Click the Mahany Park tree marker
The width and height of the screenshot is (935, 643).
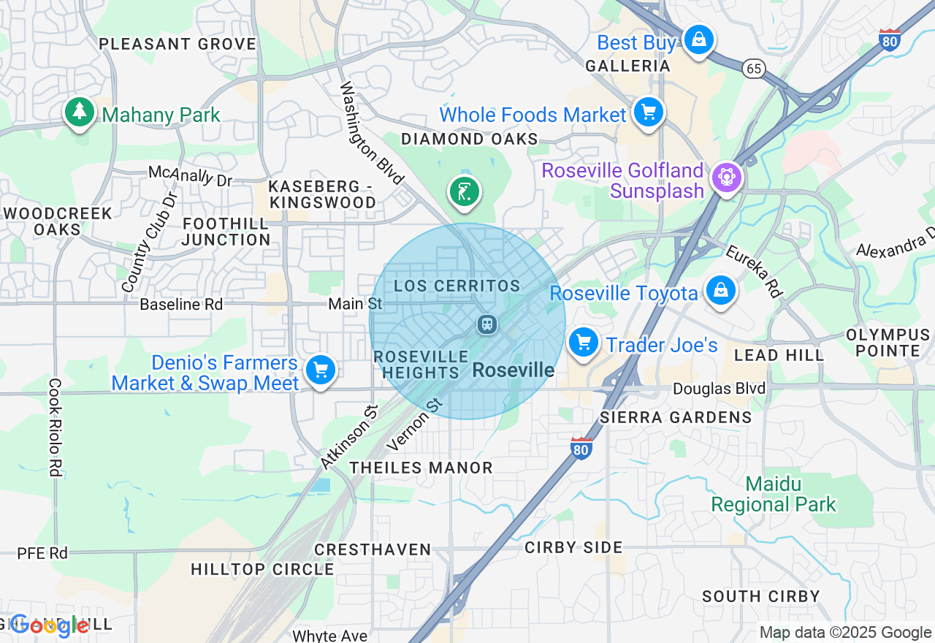(80, 113)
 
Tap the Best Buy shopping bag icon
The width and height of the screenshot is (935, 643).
(698, 39)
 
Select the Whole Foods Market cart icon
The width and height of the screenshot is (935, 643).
(648, 113)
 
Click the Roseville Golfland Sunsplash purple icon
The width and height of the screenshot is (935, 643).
(726, 178)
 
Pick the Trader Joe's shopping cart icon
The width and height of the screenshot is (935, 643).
(583, 342)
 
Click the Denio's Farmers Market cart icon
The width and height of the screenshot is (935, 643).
(320, 369)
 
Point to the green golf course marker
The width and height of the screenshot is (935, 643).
(464, 192)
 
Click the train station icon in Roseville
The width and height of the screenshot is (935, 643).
(486, 324)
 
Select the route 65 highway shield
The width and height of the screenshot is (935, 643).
(754, 69)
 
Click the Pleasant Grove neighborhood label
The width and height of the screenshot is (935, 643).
(178, 44)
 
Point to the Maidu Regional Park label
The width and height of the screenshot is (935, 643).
(773, 494)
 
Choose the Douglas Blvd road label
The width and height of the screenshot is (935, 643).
(719, 389)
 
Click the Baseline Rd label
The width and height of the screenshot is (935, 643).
(181, 304)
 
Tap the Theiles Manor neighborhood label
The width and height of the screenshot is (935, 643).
(421, 468)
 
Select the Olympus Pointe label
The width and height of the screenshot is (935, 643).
(888, 343)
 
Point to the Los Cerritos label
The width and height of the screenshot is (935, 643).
(457, 286)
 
